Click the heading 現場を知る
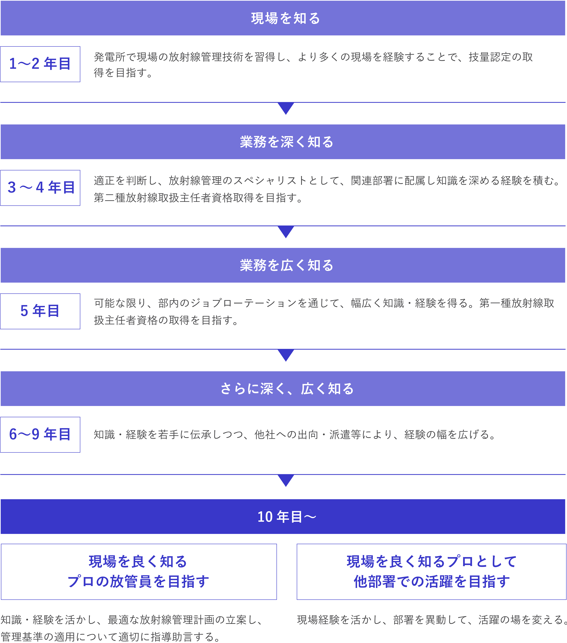pos(285,18)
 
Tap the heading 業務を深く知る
pos(286,142)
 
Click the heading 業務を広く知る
pos(286,265)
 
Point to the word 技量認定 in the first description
pos(490,57)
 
